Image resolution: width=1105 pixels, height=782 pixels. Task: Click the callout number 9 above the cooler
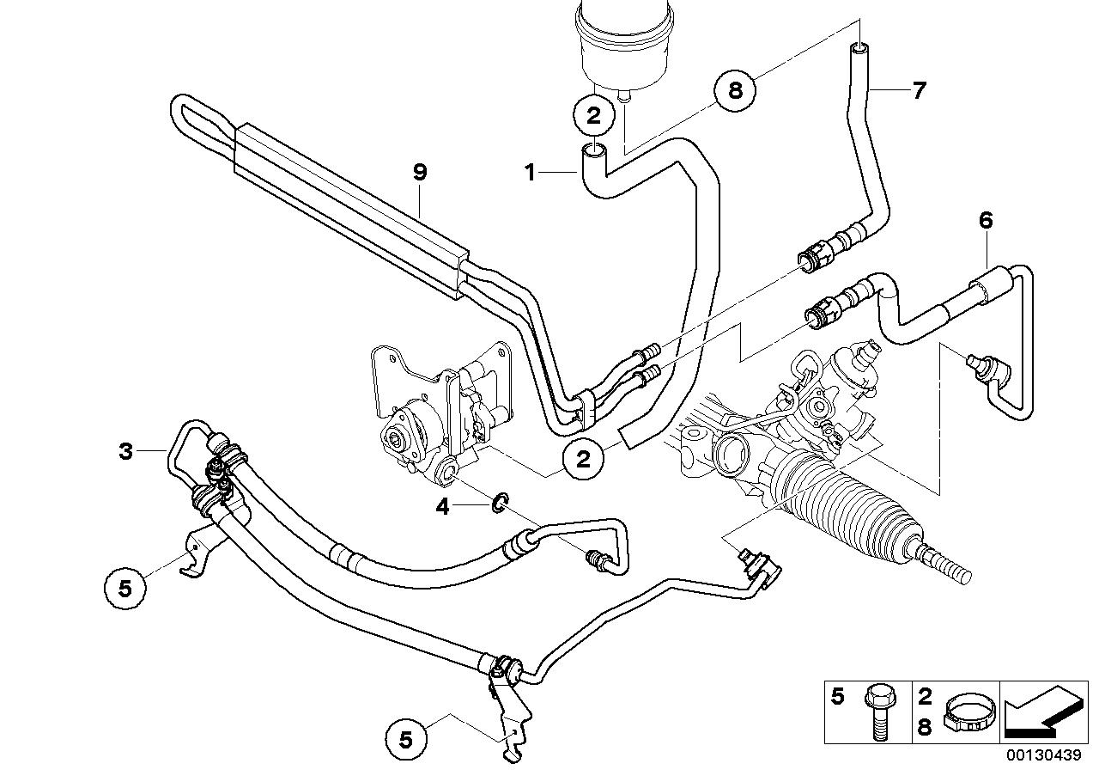coord(419,172)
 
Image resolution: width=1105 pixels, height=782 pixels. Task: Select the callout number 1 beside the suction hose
coord(531,173)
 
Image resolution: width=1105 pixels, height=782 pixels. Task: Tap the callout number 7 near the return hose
coord(919,90)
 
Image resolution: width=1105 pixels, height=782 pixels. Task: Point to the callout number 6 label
coord(985,221)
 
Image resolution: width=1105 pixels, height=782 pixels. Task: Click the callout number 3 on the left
coord(126,451)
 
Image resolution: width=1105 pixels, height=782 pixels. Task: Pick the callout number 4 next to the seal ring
coord(442,507)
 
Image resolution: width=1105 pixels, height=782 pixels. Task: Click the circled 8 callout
coord(735,89)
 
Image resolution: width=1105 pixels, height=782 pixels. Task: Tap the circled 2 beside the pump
coord(584,461)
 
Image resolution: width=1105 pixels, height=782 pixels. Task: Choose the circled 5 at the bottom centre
coord(407,738)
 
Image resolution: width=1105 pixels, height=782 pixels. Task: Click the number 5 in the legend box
coord(839,696)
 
